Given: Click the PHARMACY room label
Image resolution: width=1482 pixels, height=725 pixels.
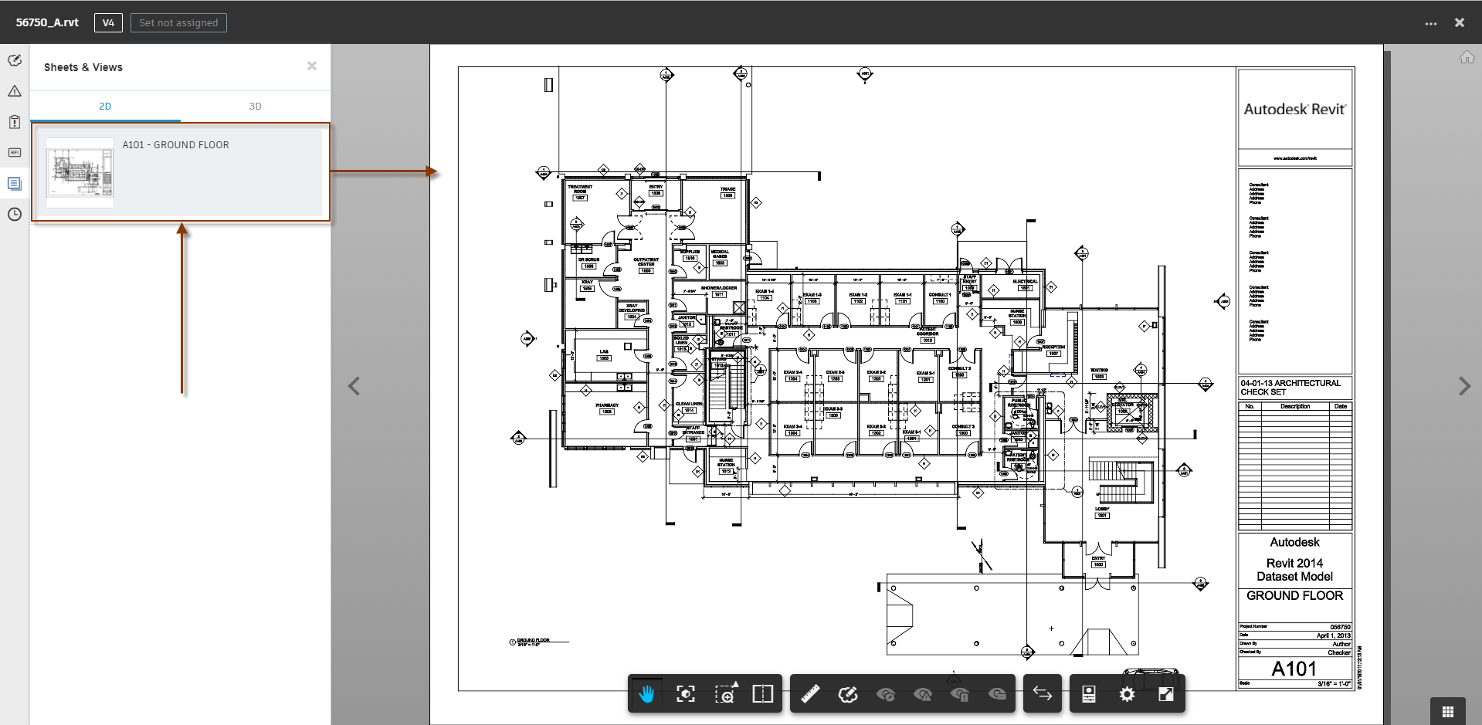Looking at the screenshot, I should click(607, 405).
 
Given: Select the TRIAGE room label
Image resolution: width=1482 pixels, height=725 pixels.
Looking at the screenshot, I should click(727, 189).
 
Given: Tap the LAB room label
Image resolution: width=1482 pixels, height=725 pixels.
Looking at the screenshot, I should click(604, 352).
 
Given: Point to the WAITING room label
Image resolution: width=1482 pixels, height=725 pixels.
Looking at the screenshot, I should click(1099, 371).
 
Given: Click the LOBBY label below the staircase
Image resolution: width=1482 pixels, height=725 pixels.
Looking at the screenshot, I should click(1102, 510).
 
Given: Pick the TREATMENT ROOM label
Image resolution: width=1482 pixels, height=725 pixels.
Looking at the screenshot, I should click(580, 188).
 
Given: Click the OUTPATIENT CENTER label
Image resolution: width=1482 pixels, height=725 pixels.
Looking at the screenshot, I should click(646, 262).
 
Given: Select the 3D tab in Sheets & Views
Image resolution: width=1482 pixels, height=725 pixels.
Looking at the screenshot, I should click(255, 107).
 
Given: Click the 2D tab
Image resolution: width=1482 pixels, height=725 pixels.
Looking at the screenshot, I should click(105, 107).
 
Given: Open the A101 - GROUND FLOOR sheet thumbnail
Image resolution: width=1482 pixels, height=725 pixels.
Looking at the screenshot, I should click(80, 171).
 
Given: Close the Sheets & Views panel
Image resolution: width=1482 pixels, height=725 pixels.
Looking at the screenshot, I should click(312, 66).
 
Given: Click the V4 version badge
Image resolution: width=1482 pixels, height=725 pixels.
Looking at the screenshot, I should click(108, 22).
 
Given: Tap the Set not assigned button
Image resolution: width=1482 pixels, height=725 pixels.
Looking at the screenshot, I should click(178, 22).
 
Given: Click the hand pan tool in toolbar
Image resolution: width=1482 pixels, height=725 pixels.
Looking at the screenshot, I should click(646, 694).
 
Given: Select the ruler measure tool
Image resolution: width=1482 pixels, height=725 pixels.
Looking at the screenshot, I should click(810, 694).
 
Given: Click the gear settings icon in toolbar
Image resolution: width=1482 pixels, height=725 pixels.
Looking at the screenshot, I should click(1127, 694).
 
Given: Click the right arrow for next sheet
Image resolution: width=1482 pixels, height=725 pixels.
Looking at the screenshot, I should click(1463, 386).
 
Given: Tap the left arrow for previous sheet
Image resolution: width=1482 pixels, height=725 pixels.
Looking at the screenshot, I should click(354, 386).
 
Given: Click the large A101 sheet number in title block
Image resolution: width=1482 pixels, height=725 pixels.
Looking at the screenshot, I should click(1294, 669).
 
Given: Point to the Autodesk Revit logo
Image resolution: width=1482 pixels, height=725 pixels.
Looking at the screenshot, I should click(1294, 110).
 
